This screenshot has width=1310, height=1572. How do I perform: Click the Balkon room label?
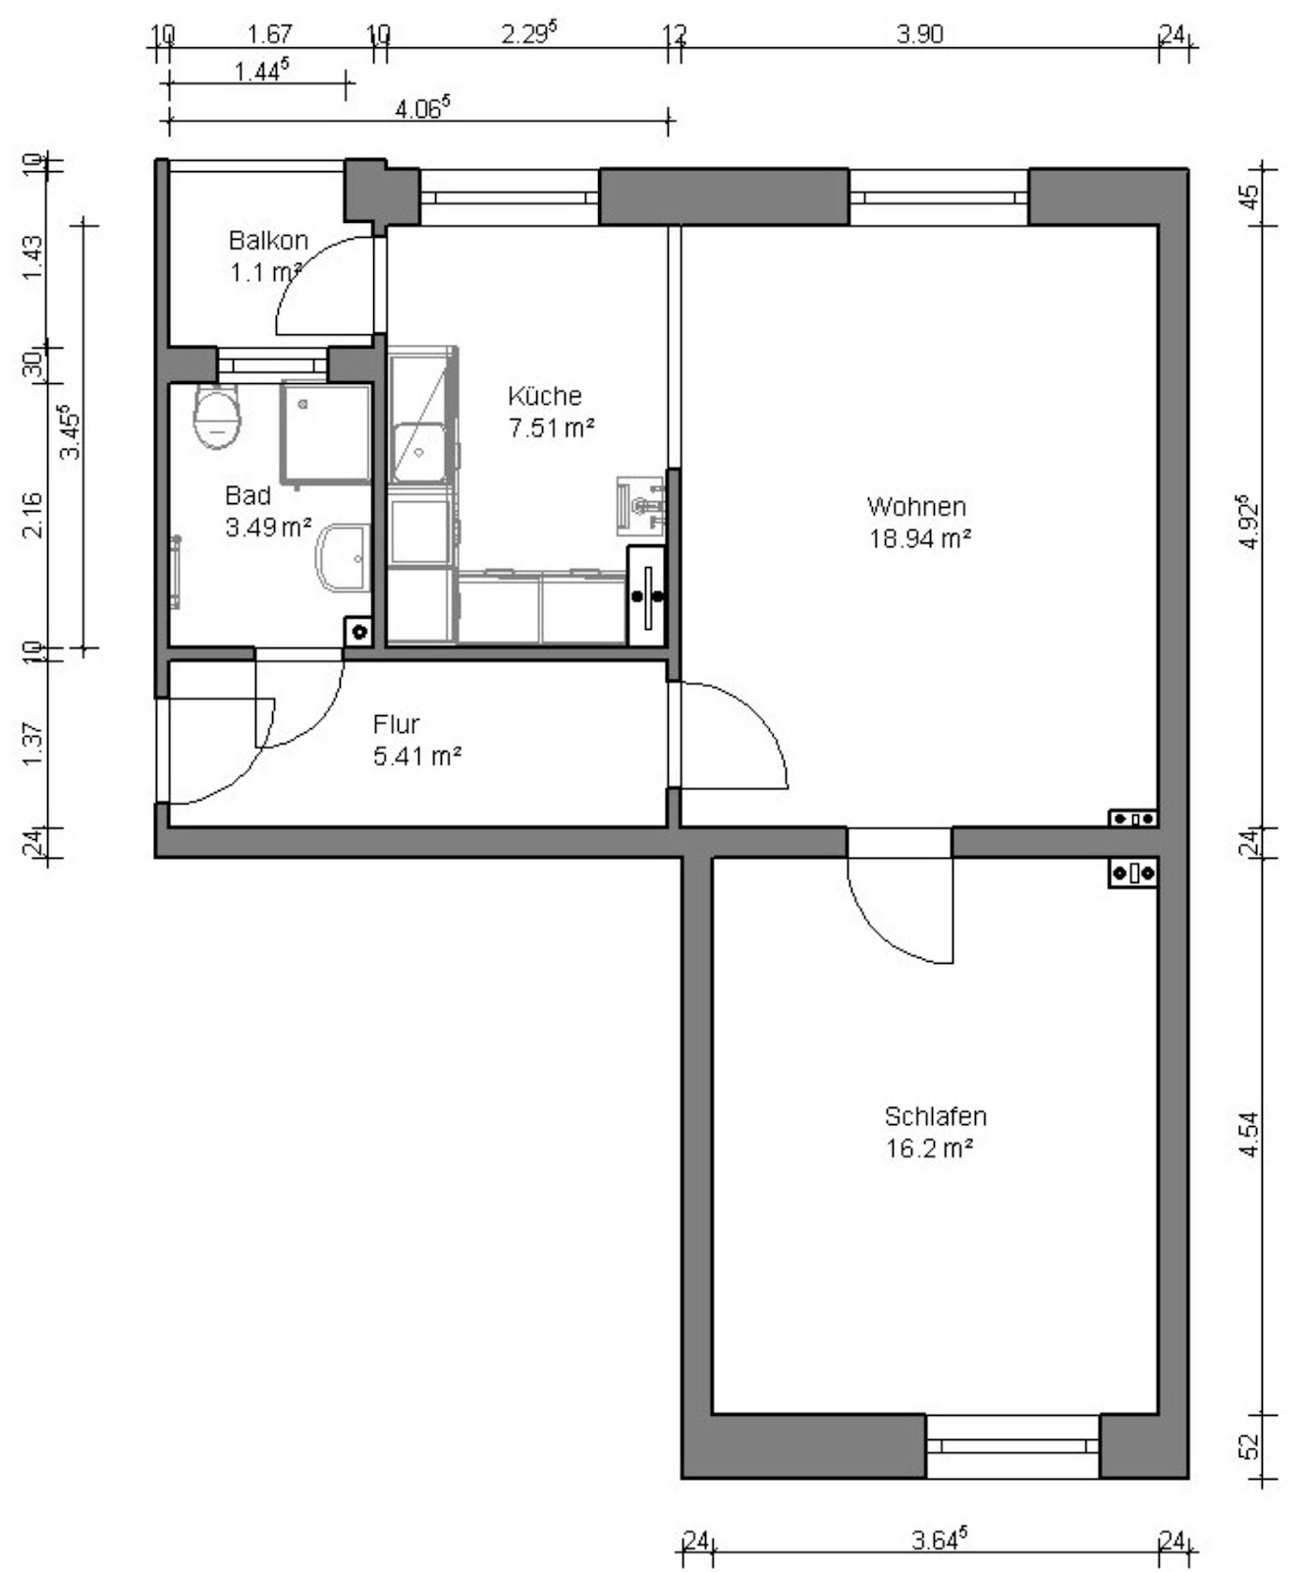[268, 241]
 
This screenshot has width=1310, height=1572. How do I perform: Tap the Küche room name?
[545, 396]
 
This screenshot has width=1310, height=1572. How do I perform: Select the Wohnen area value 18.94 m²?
[920, 538]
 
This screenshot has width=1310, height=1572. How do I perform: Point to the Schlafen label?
[935, 1117]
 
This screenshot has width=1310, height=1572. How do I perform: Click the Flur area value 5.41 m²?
[417, 757]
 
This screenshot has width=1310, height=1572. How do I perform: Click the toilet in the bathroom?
[217, 416]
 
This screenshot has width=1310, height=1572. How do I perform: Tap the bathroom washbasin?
[343, 557]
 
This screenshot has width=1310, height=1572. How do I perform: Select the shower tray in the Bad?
[326, 433]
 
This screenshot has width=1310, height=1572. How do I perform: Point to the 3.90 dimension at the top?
[919, 34]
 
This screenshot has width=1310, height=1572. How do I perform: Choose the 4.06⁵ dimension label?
[422, 108]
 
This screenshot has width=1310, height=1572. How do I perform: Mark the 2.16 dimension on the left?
[32, 514]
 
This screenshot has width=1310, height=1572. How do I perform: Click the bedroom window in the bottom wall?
[1012, 1446]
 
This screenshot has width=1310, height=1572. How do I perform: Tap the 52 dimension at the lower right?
[1249, 1446]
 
